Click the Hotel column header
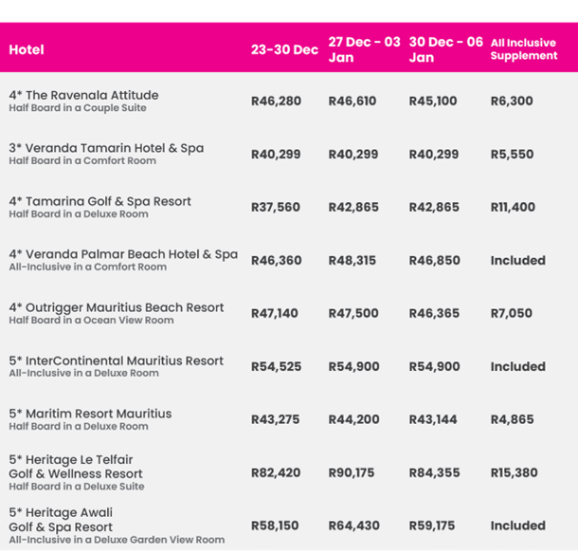[27, 49]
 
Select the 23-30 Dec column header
[284, 49]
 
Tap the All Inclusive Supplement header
[524, 49]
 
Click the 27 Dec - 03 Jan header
[364, 49]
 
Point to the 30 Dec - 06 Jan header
[445, 49]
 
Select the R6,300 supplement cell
[512, 101]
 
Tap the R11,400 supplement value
[513, 207]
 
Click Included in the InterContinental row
[517, 366]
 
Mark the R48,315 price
[352, 260]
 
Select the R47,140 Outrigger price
[275, 313]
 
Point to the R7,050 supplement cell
[512, 313]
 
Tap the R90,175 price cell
[352, 472]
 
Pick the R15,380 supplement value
[515, 472]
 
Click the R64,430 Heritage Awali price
[352, 526]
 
